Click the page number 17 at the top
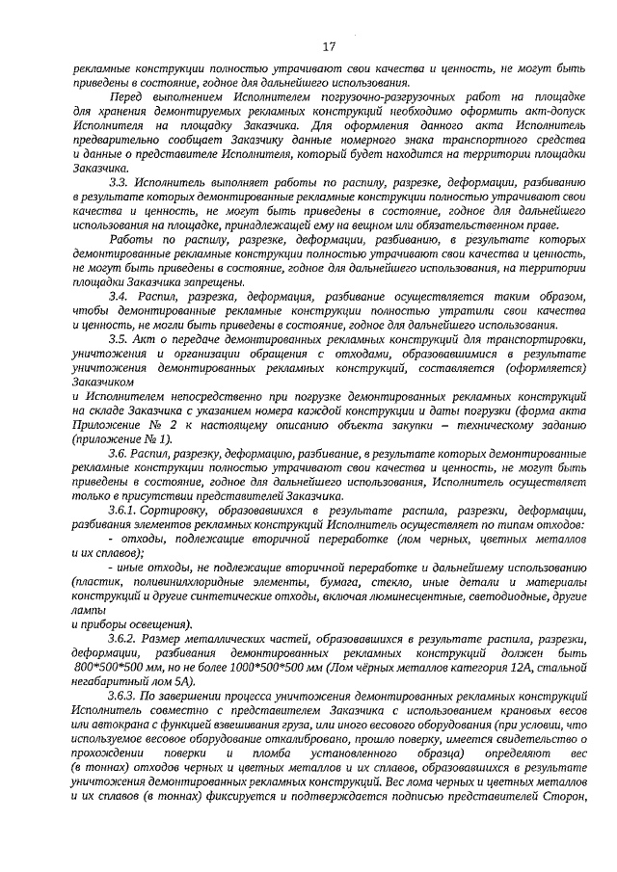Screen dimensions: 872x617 [328, 46]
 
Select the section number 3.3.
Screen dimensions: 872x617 [119, 180]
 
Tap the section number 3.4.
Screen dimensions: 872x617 [119, 297]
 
